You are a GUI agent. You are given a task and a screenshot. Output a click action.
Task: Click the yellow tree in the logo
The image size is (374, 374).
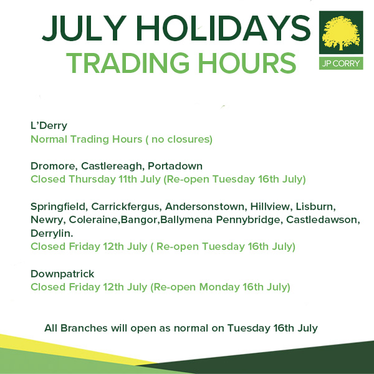coord(341,33)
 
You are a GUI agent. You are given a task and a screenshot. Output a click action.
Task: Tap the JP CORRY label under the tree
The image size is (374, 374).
coord(341,64)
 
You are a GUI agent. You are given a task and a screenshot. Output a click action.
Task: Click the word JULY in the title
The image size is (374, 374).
coord(84,28)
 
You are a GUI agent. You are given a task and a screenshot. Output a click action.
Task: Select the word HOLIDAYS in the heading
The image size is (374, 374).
coord(224,28)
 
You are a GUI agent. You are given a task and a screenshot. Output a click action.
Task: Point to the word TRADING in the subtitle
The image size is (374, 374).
coord(128,63)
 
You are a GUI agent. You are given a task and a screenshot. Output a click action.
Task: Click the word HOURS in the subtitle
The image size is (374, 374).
coord(247,63)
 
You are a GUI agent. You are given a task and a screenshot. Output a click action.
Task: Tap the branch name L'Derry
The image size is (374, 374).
coord(49,126)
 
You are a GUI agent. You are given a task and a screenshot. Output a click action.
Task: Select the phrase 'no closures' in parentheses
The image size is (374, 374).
coord(181,139)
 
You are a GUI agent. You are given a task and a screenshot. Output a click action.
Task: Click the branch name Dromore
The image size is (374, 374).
coord(53,166)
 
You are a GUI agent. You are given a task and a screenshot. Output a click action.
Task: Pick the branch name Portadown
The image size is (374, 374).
coord(175,166)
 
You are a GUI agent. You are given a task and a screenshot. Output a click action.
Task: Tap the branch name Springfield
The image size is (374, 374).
coord(58,206)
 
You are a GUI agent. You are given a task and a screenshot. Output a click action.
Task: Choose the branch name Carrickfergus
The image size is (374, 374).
coord(125,206)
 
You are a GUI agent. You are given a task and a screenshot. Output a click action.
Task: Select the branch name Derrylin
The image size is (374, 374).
coord(52,233)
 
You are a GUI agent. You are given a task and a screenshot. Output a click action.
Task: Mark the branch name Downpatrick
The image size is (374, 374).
coord(62,274)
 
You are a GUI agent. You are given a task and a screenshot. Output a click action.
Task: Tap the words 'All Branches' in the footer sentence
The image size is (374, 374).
coord(76,328)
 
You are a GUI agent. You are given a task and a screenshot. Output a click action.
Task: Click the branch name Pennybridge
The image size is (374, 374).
coord(248,220)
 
